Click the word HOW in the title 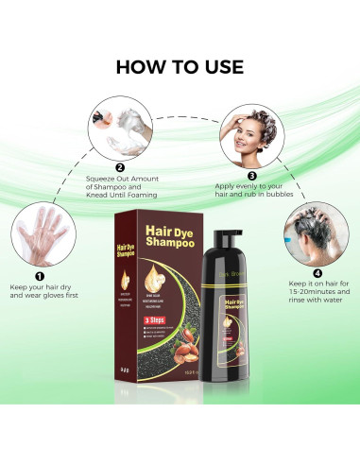coord(143,67)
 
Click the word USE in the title coord(220,67)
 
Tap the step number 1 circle coord(39,277)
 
